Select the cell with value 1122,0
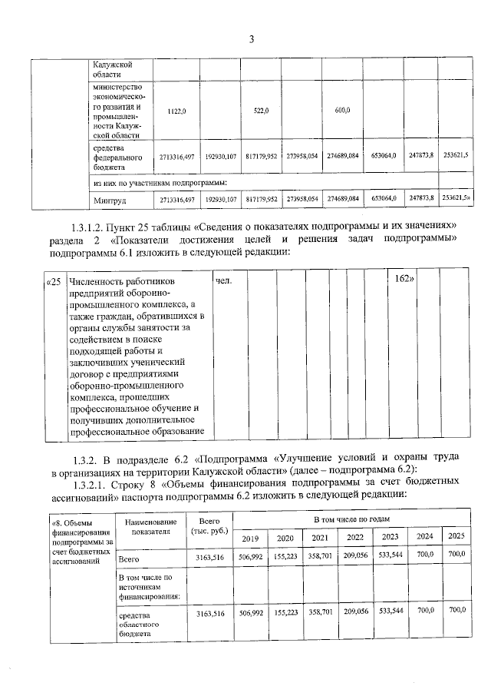tap(176, 111)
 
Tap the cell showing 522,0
tap(260, 111)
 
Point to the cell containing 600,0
tap(343, 111)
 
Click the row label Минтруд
tap(110, 200)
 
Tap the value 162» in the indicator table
tap(404, 278)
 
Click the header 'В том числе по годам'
tap(353, 520)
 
